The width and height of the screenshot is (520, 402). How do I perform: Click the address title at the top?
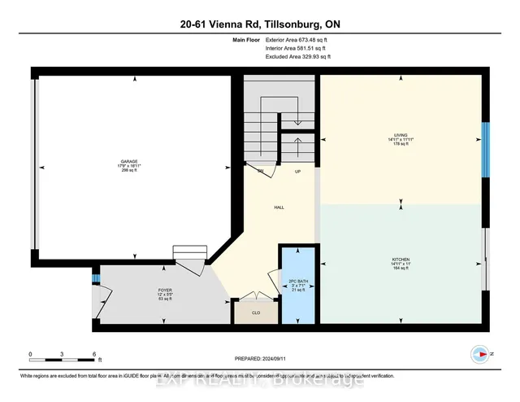pyautogui.click(x=260, y=24)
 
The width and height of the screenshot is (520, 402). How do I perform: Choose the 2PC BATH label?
pyautogui.click(x=296, y=282)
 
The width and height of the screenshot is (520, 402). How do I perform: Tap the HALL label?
pyautogui.click(x=279, y=208)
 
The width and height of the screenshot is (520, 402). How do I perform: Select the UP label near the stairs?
pyautogui.click(x=298, y=173)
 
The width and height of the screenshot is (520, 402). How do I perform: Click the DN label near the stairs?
pyautogui.click(x=261, y=173)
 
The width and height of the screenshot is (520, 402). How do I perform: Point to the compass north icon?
pyautogui.click(x=479, y=354)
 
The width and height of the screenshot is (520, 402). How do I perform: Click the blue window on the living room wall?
pyautogui.click(x=485, y=150)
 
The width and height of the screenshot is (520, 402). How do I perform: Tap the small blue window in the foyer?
pyautogui.click(x=95, y=279)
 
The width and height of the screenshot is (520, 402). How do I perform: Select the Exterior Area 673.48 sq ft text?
pyautogui.click(x=297, y=38)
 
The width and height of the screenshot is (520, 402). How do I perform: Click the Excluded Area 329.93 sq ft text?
pyautogui.click(x=297, y=58)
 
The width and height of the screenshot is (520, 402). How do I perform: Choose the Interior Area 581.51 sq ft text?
pyautogui.click(x=297, y=48)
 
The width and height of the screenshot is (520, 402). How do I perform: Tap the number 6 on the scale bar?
pyautogui.click(x=95, y=355)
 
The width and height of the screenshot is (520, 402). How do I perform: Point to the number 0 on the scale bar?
pyautogui.click(x=30, y=355)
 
